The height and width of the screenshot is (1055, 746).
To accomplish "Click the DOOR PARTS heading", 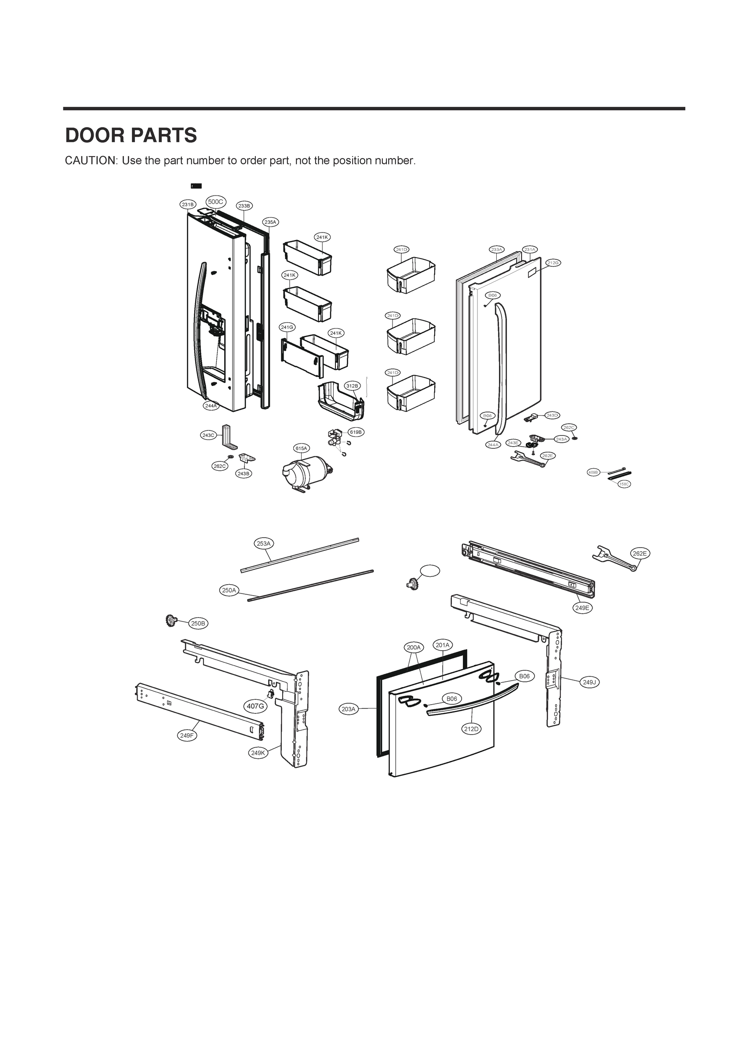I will (x=131, y=135).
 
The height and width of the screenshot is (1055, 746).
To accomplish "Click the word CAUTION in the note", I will (x=91, y=161).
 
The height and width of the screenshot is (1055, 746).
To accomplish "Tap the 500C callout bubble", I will (x=215, y=202).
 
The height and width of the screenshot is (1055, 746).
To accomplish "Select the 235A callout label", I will (x=270, y=222).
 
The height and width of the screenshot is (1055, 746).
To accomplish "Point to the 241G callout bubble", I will (x=287, y=327).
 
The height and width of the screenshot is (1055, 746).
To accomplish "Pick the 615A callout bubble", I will (x=301, y=448).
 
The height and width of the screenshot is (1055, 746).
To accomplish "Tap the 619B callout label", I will (x=356, y=432).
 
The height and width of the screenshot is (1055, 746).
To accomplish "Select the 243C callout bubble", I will (x=208, y=435).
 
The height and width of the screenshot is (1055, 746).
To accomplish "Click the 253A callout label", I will (x=264, y=544).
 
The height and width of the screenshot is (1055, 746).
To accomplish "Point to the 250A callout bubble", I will (x=229, y=590).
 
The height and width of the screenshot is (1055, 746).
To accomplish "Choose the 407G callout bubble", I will (x=255, y=706).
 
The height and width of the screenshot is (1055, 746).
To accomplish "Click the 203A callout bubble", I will (x=349, y=709).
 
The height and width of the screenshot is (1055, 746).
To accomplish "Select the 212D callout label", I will (x=471, y=729).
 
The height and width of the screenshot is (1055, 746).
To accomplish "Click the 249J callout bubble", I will (x=589, y=682).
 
